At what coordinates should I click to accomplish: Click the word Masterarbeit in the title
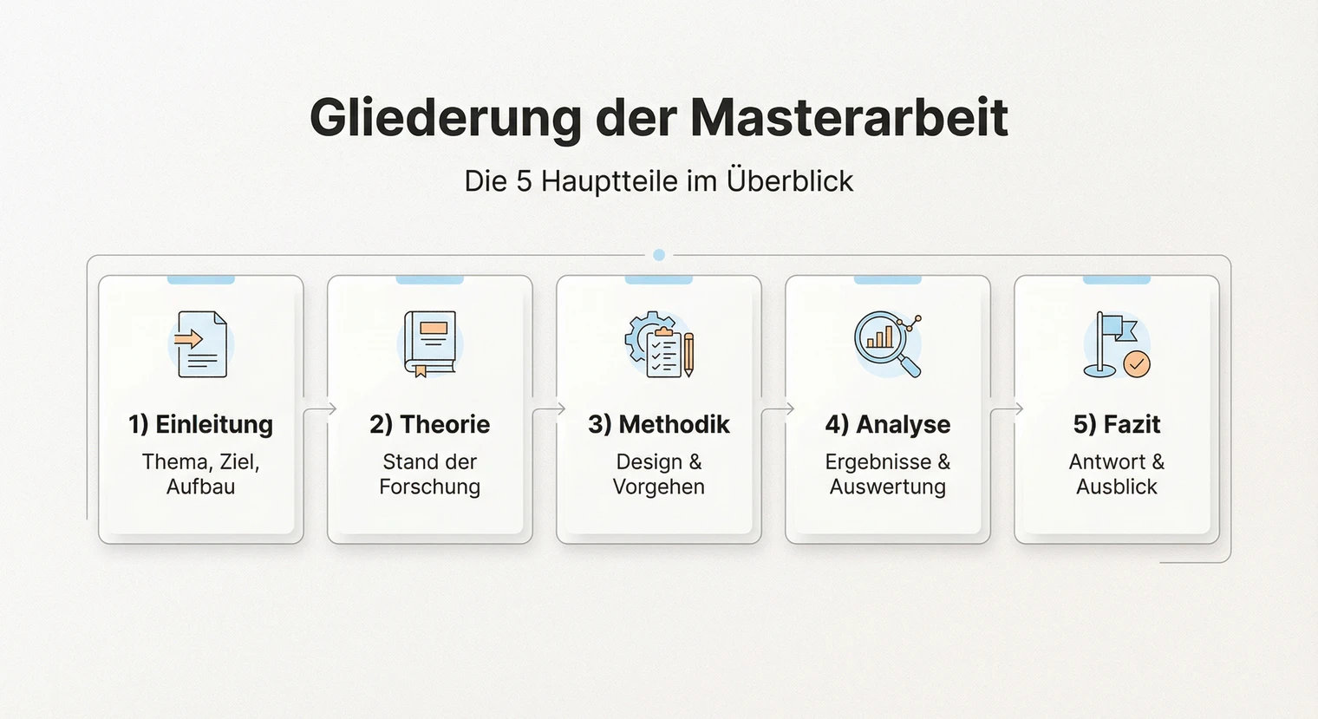tap(849, 117)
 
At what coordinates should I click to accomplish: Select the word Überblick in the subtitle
tap(790, 180)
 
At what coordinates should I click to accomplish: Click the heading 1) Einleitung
tap(200, 424)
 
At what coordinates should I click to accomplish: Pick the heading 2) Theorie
tap(429, 424)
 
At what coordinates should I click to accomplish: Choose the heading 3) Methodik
tap(658, 424)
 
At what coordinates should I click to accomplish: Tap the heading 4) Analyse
tap(887, 424)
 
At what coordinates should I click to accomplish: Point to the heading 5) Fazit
tap(1116, 424)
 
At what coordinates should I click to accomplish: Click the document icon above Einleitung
tap(201, 344)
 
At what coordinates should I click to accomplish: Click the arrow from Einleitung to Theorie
tap(319, 409)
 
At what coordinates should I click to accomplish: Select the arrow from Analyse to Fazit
tap(1006, 409)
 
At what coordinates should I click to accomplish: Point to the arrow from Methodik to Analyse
tap(777, 409)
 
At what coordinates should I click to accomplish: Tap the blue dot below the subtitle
tap(659, 255)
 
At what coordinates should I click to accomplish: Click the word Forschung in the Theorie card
tap(429, 487)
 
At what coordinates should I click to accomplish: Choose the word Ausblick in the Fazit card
tap(1116, 487)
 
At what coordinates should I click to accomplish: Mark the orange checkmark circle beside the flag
tap(1137, 364)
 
